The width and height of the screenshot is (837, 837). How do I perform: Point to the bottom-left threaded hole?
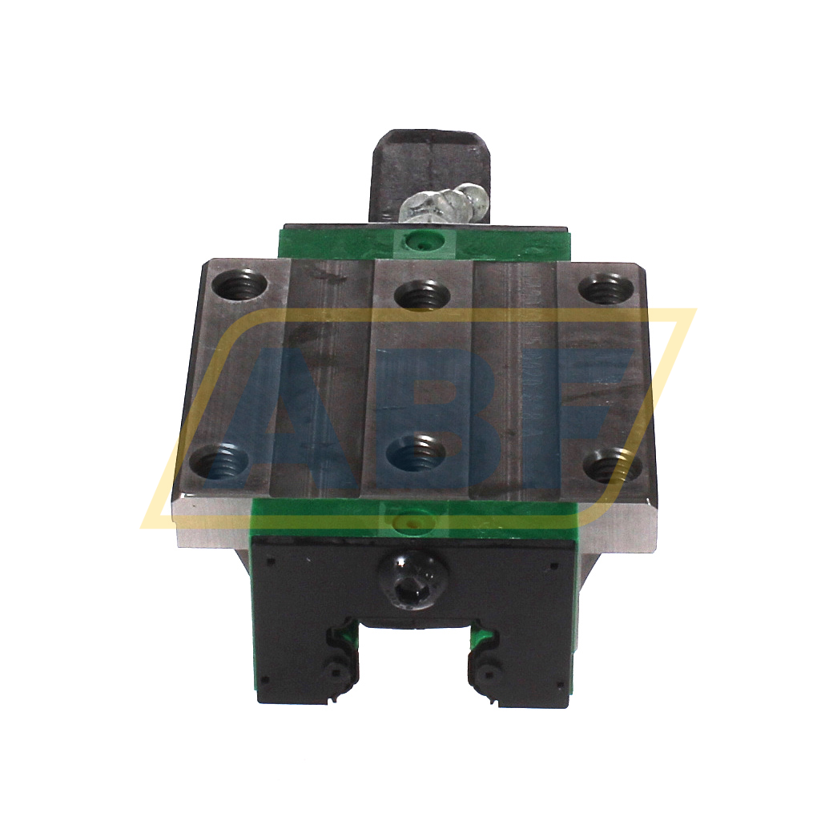pyautogui.click(x=219, y=461)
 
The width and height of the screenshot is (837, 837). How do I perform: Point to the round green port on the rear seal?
pyautogui.click(x=416, y=239)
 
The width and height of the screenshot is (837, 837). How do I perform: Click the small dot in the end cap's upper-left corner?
pyautogui.click(x=270, y=561)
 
